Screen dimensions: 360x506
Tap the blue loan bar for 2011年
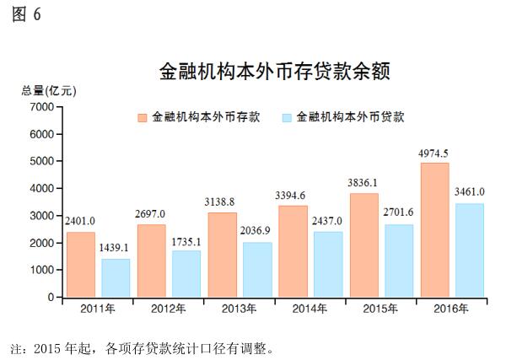click(x=116, y=277)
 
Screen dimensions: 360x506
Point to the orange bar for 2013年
click(x=222, y=254)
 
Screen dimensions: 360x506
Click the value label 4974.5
click(x=433, y=153)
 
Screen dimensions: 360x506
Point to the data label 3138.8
click(x=222, y=203)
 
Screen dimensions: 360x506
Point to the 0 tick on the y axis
click(x=50, y=298)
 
